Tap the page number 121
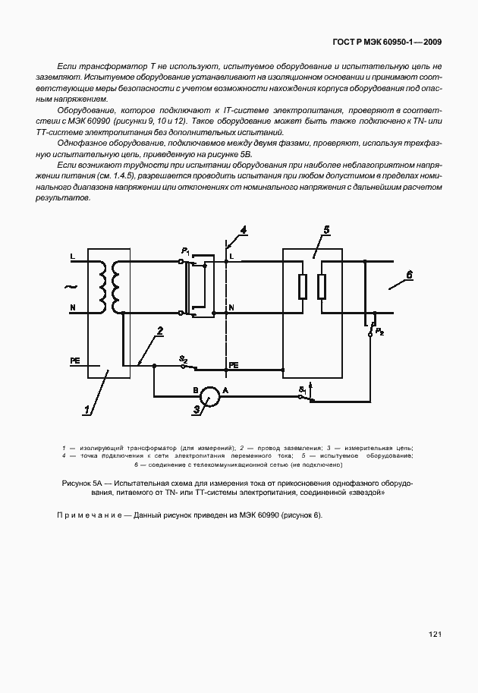pos(436,635)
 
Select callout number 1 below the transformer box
pos(87,410)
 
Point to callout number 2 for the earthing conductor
pos(160,330)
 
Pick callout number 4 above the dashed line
pos(243,229)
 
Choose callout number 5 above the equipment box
pos(325,230)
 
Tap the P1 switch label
pos(185,250)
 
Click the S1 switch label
pos(302,390)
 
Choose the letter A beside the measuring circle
pos(225,389)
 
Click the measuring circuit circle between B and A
pos(210,395)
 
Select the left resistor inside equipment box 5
pos(303,286)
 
